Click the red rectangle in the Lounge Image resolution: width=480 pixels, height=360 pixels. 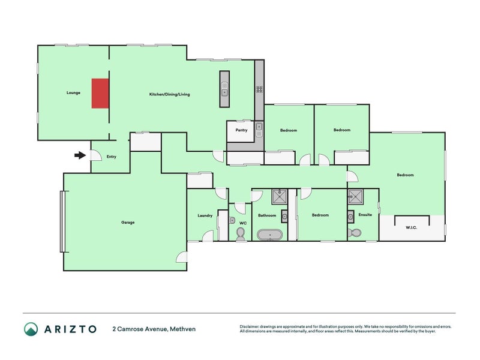(100, 94)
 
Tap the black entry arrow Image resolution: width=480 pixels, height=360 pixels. (80, 155)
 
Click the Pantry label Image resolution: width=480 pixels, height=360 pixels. (241, 130)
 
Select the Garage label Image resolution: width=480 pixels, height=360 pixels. (128, 223)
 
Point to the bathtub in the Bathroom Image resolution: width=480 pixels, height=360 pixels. (270, 235)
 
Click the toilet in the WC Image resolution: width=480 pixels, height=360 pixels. (241, 235)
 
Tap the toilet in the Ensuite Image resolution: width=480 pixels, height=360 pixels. (355, 233)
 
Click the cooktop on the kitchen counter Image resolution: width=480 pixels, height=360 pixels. (259, 89)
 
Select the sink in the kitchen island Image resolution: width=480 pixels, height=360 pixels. (224, 89)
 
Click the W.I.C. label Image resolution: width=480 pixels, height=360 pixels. (412, 227)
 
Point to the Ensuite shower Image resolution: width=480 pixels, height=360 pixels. (355, 197)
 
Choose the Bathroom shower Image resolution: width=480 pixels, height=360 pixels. (280, 197)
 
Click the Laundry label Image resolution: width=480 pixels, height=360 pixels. (205, 215)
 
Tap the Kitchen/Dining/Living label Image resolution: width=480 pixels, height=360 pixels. (170, 94)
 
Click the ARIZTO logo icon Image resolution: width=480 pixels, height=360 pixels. (31, 329)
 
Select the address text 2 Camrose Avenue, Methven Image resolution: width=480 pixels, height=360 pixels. (154, 329)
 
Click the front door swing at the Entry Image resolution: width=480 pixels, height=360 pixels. (96, 155)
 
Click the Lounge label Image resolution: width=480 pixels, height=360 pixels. (73, 93)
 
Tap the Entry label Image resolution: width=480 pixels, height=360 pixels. (112, 157)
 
